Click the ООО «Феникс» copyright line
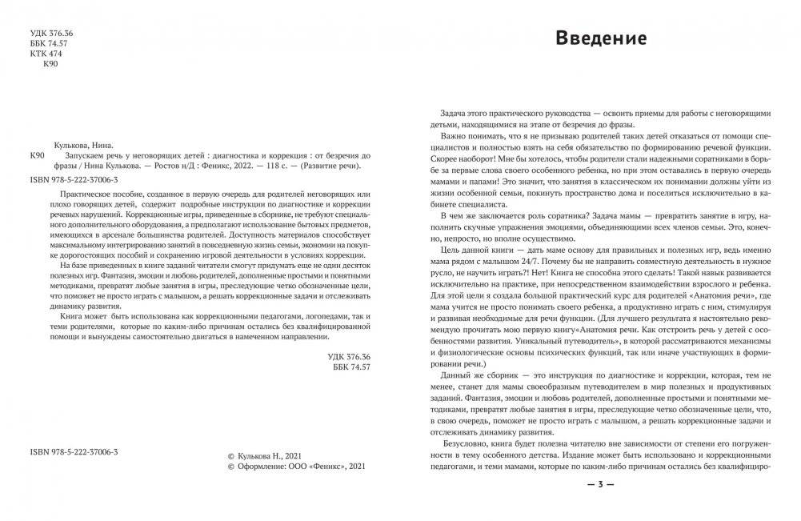click(x=297, y=465)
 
